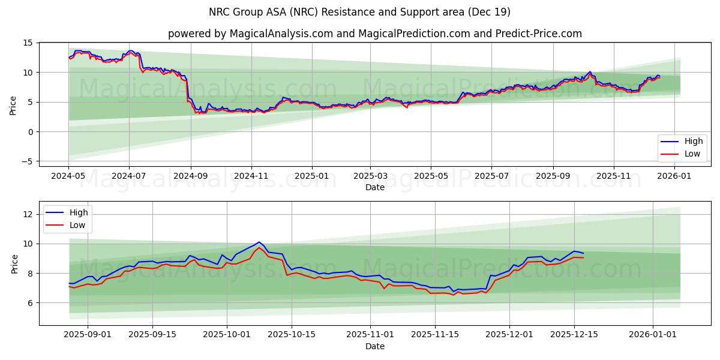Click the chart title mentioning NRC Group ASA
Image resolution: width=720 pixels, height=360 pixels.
(x=359, y=12)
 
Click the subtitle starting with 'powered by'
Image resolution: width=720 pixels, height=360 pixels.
(x=374, y=34)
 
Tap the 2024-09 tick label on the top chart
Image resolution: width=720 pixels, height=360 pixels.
(x=190, y=176)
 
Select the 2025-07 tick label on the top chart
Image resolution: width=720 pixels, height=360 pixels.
(x=491, y=176)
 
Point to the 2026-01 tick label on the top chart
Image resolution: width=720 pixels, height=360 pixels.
(x=674, y=176)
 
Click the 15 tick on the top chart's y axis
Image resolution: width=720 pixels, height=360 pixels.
(x=28, y=43)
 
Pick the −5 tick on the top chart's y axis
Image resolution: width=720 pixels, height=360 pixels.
(x=26, y=161)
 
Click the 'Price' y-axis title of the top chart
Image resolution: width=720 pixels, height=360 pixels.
(x=13, y=104)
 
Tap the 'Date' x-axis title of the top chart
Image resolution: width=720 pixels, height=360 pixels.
(x=374, y=187)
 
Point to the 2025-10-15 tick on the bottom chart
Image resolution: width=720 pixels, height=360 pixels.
(x=292, y=335)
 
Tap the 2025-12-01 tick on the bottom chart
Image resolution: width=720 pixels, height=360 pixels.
(x=509, y=335)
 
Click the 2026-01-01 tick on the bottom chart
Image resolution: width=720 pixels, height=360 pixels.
(x=653, y=335)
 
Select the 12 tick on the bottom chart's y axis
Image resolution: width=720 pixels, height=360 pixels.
(x=28, y=214)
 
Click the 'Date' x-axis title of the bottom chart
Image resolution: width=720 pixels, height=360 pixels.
(x=374, y=346)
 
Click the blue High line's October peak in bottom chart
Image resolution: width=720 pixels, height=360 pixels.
(x=259, y=242)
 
